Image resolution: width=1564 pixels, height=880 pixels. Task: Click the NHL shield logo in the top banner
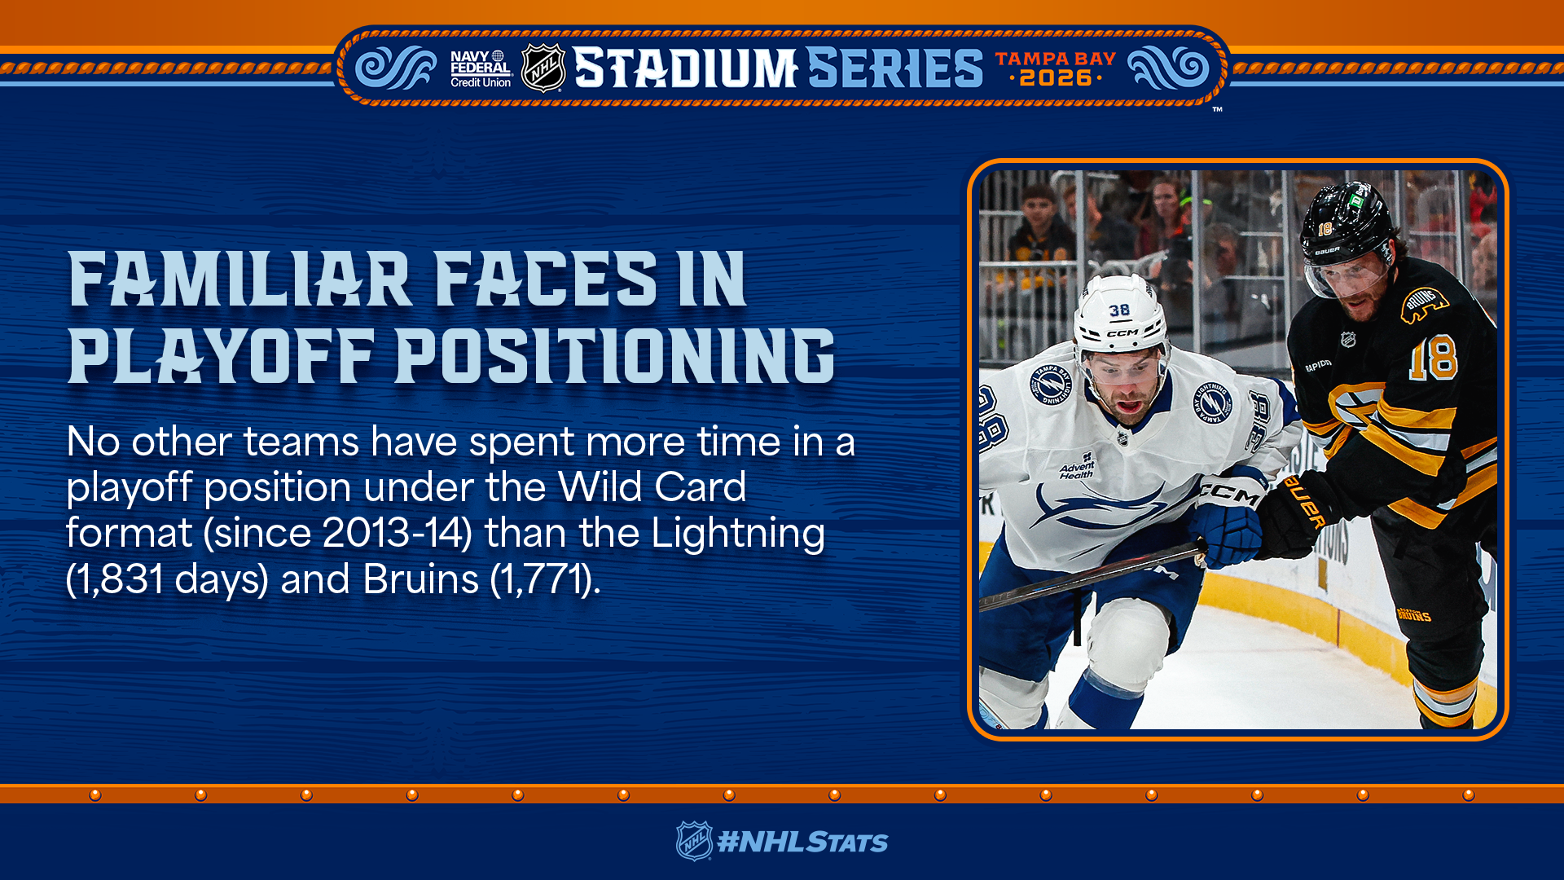coord(543,68)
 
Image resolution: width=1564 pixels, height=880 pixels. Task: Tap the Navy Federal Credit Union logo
coord(481,68)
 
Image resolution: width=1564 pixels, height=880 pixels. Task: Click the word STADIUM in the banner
coord(685,68)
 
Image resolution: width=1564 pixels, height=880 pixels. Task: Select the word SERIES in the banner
coord(895,68)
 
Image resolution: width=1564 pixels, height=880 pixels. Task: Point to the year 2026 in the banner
coord(1056,78)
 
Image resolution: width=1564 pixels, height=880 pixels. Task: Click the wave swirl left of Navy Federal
coord(397,68)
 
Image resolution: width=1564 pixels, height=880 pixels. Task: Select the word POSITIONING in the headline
coord(615,356)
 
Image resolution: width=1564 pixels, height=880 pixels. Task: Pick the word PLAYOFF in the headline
coord(221,356)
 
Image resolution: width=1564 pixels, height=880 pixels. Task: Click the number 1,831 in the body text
coord(120,579)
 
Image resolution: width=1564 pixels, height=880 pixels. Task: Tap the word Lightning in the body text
coord(738,535)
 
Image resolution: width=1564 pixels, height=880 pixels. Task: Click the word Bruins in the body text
coord(420,579)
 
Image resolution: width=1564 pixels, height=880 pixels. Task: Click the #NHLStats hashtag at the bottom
coord(802,843)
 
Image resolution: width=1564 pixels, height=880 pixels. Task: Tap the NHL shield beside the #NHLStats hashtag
coord(694,841)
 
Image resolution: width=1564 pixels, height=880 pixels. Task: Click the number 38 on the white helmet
coord(1119,310)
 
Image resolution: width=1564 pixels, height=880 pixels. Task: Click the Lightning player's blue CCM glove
coord(1227,521)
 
